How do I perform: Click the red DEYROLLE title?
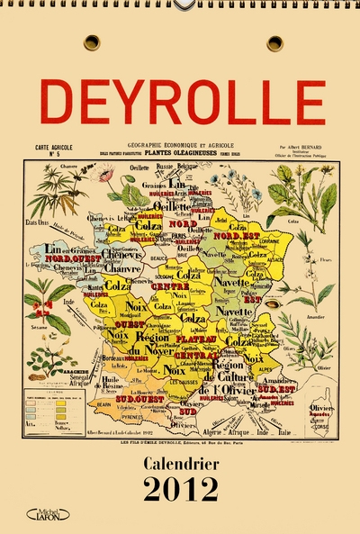click(184, 101)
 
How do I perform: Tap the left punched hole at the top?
click(92, 42)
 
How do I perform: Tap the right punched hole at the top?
click(274, 42)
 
